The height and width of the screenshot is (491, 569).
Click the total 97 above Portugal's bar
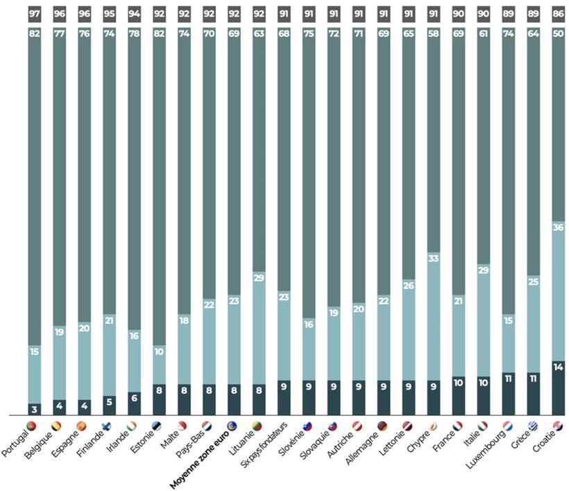[x=33, y=13]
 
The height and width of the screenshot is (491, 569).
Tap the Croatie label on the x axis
[x=543, y=444]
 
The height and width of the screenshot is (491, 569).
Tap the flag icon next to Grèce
[x=533, y=426]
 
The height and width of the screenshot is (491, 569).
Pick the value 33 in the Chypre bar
[x=432, y=258]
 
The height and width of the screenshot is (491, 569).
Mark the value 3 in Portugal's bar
[x=33, y=409]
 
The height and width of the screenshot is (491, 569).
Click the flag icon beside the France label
[x=458, y=426]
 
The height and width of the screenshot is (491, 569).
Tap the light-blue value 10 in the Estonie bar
[x=158, y=351]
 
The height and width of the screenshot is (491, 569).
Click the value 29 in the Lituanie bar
[x=258, y=277]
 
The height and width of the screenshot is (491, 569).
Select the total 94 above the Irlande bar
[x=133, y=13]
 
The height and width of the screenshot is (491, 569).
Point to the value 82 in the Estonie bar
[x=158, y=34]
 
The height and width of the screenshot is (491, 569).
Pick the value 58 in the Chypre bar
[x=432, y=34]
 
